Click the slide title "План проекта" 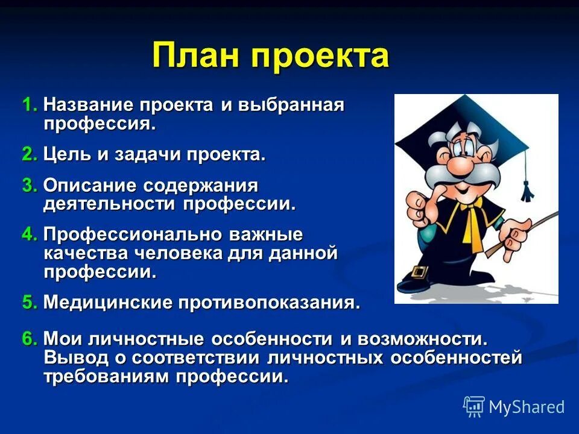click(x=271, y=56)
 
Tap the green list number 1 click(x=30, y=105)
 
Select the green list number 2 click(x=30, y=154)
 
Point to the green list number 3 click(x=30, y=185)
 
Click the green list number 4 click(x=30, y=234)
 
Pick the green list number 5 click(x=30, y=302)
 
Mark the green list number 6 click(x=30, y=339)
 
